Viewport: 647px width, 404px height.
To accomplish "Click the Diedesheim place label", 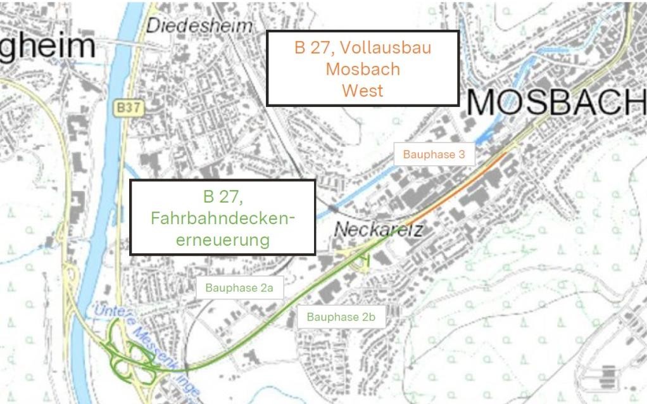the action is (x=199, y=25).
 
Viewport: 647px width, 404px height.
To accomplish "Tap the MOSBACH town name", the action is (x=556, y=103).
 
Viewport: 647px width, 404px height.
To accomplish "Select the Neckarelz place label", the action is (x=378, y=230).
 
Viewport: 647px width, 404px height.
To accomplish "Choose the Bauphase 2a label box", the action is (x=239, y=287).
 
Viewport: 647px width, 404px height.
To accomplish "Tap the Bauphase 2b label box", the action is (x=341, y=317).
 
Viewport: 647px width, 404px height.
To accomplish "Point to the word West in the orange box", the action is (x=363, y=91).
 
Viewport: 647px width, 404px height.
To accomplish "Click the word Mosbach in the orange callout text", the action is (x=363, y=69).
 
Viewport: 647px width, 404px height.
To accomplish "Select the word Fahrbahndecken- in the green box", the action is (x=223, y=218).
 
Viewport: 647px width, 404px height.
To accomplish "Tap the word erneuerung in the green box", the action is (x=223, y=240).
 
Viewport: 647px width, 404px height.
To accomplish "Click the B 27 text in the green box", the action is (x=223, y=197).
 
